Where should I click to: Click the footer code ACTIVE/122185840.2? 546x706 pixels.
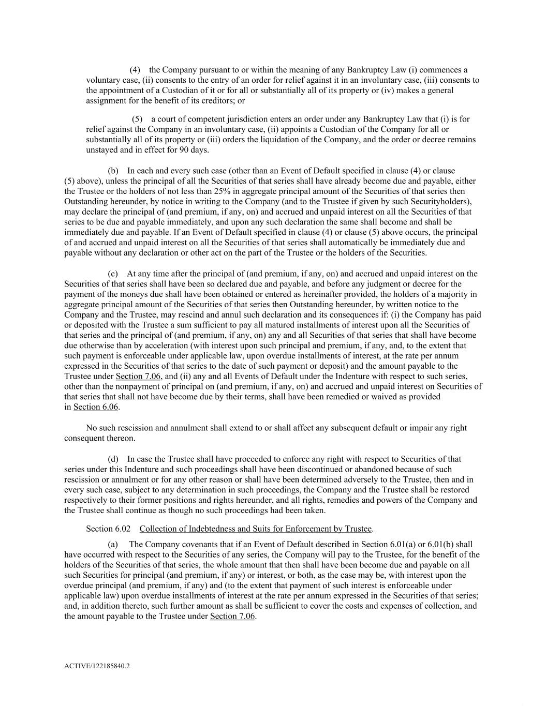point(97,666)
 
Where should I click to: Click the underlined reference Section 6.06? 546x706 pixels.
point(96,407)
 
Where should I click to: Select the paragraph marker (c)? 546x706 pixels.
point(113,274)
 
